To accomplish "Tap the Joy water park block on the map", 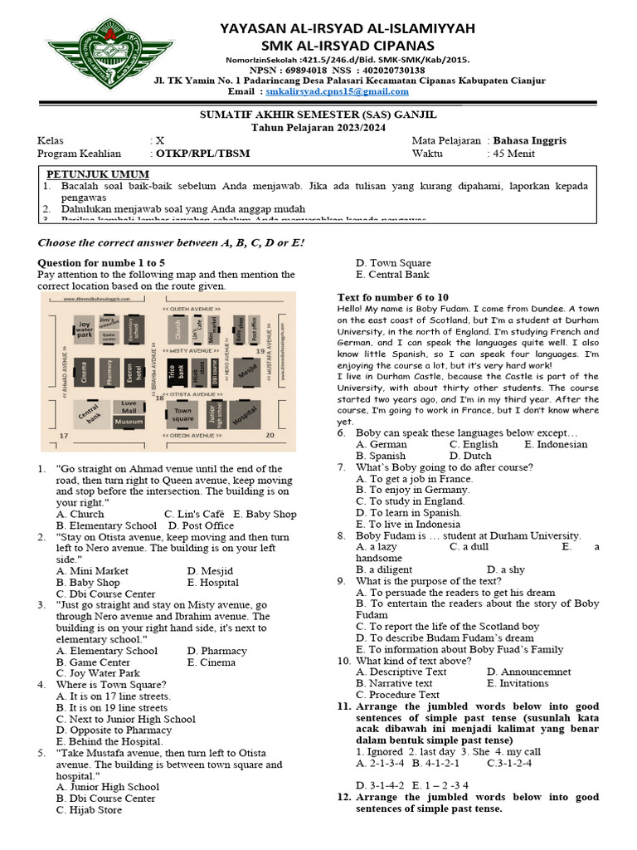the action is (x=84, y=329).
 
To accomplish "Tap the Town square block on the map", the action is (x=182, y=414).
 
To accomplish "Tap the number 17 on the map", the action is (x=63, y=435).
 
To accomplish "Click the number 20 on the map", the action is (x=269, y=435).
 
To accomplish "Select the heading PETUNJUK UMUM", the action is (x=97, y=174).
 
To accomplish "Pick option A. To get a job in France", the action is (x=402, y=479).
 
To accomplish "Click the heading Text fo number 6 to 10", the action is (x=393, y=297).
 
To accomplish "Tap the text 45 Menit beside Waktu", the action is (x=512, y=154).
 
